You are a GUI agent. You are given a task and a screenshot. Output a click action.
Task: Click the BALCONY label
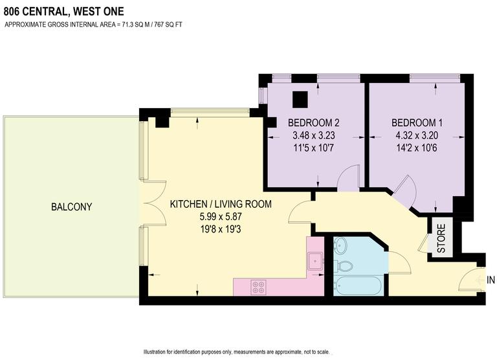71,207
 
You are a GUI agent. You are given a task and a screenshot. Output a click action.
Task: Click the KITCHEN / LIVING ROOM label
220,204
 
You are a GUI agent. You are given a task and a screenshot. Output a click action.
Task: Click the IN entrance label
491,280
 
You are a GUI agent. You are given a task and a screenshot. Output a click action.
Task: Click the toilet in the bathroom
344,265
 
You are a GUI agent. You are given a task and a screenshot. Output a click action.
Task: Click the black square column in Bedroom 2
300,99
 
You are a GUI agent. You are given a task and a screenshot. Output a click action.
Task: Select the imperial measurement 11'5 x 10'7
314,148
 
